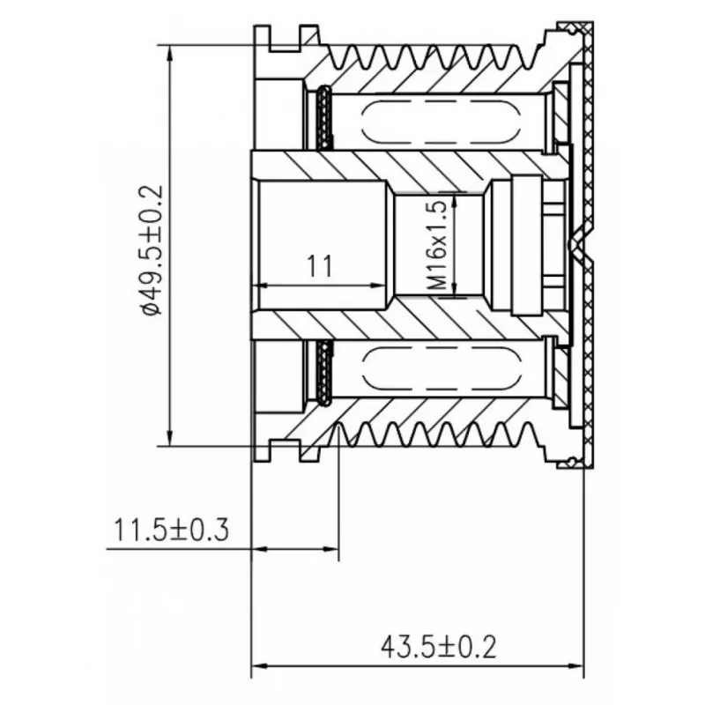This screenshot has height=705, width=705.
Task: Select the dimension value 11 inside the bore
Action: (320, 266)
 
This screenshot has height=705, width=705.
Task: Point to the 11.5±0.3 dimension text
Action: (171, 530)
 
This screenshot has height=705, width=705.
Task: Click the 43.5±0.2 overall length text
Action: (439, 648)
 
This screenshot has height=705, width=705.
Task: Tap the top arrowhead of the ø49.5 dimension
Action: (169, 53)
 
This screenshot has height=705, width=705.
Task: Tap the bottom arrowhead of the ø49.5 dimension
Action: (169, 438)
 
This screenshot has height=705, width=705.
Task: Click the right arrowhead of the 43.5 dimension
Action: (575, 666)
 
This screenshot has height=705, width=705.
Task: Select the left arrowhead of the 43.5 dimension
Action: (259, 666)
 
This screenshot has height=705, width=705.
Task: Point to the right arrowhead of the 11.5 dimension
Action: (330, 549)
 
